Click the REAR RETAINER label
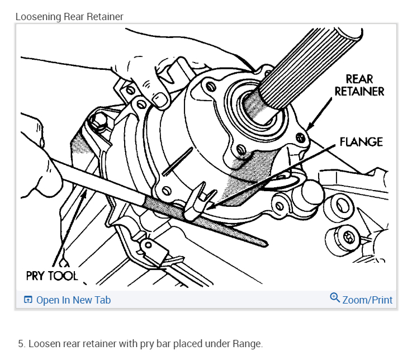pyautogui.click(x=359, y=84)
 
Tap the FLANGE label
pyautogui.click(x=361, y=142)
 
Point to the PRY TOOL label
pyautogui.click(x=51, y=275)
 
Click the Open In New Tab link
pyautogui.click(x=73, y=300)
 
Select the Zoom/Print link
pyautogui.click(x=367, y=300)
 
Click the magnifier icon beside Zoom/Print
pyautogui.click(x=335, y=298)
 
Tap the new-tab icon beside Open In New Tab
pyautogui.click(x=28, y=300)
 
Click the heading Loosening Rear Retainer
pyautogui.click(x=69, y=17)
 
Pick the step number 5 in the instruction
pyautogui.click(x=21, y=343)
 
